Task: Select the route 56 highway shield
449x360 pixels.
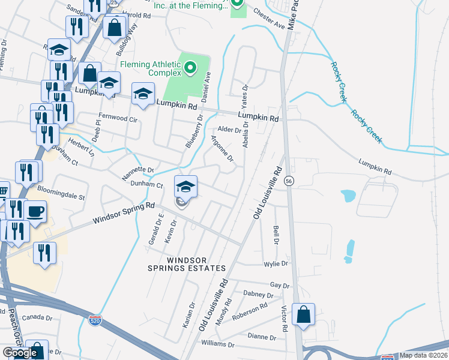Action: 289,181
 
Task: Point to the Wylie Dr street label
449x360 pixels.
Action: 276,263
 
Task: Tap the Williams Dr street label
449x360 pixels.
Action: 217,344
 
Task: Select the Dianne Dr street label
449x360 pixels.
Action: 261,337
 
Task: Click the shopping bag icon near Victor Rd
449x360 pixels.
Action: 304,315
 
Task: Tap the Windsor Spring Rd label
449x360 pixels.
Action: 124,213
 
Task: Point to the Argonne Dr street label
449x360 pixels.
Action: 221,148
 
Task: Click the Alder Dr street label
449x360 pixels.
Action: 229,129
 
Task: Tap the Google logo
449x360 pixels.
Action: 19,353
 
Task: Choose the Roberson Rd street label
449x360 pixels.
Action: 250,311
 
